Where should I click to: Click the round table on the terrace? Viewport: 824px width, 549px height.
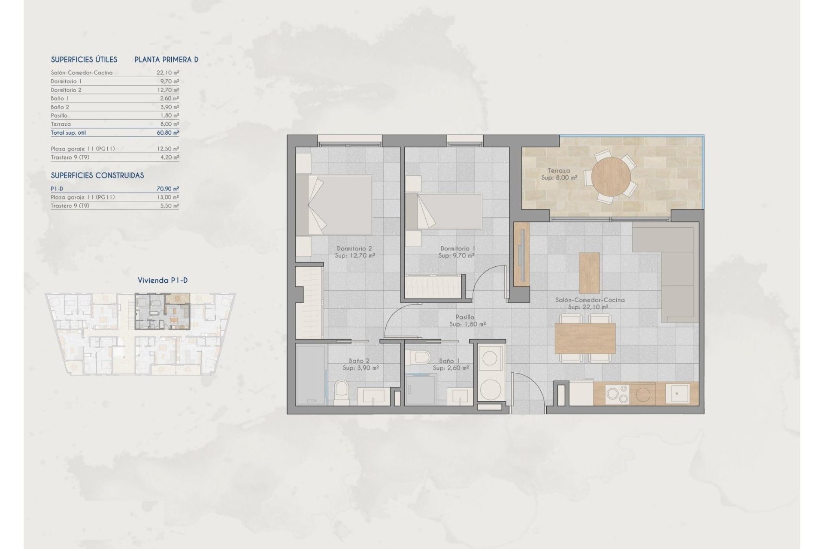point(611,177)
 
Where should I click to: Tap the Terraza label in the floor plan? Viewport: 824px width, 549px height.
point(558,171)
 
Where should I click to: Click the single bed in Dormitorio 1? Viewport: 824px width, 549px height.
point(444,211)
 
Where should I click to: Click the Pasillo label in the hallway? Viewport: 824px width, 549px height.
point(465,317)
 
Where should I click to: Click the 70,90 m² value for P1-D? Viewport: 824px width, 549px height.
point(168,189)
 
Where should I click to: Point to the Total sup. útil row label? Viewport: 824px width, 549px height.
point(68,133)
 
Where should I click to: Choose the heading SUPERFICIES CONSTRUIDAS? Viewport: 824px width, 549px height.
point(97,175)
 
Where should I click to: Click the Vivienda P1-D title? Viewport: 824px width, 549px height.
point(163,281)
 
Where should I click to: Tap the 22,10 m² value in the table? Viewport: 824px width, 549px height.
point(168,73)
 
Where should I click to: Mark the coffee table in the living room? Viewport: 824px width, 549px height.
point(589,273)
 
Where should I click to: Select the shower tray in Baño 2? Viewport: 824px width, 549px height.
point(310,375)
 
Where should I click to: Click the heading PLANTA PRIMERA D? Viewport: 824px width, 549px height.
point(167,60)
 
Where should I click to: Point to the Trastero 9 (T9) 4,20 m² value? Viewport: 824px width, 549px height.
point(169,157)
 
